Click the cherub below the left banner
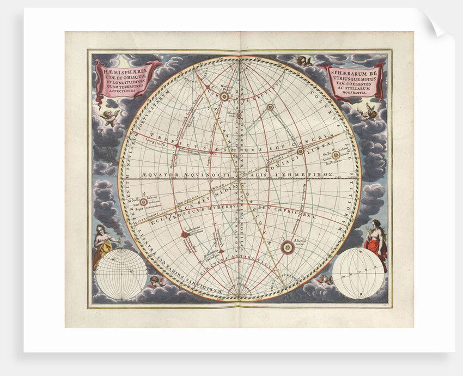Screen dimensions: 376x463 coord(111,117)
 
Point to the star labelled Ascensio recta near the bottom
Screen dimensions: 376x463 coord(287,248)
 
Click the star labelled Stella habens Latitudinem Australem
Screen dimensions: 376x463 coord(336,155)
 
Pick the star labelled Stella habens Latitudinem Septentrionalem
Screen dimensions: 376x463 coord(143,201)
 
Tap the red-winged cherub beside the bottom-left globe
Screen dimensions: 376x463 coord(156,282)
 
